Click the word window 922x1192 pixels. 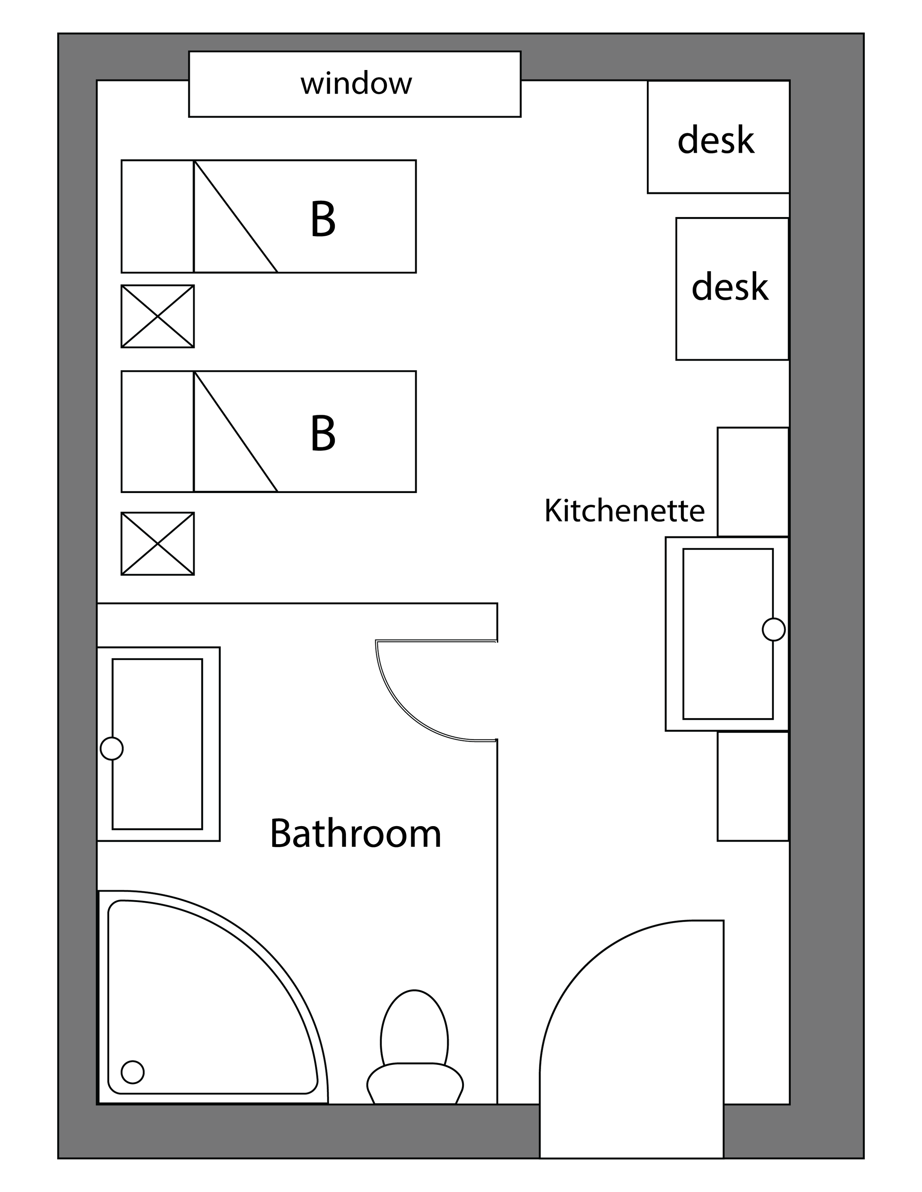(x=356, y=84)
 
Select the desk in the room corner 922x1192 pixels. (x=716, y=140)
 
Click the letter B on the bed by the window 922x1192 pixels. (x=323, y=219)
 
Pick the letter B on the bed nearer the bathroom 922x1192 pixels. (x=323, y=433)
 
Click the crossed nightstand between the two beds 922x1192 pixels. (x=157, y=316)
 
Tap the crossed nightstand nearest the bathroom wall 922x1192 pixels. (x=157, y=543)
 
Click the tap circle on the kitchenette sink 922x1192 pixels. (x=773, y=629)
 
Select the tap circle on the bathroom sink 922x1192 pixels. (x=112, y=749)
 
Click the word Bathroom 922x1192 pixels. (x=356, y=834)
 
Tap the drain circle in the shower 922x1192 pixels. (x=133, y=1072)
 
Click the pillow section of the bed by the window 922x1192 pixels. (x=157, y=216)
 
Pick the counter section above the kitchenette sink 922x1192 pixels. (x=753, y=481)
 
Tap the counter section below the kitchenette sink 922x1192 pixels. (x=753, y=786)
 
